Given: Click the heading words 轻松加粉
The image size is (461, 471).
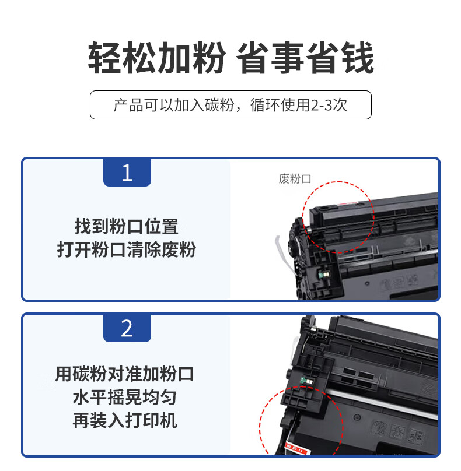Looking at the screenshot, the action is point(156,58).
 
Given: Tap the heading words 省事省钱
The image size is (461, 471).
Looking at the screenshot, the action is point(305,58).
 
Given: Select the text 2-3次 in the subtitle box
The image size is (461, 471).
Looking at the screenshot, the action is point(329,105).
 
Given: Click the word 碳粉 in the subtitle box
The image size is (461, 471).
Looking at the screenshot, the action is point(219,105).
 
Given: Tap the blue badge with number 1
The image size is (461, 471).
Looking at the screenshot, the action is point(127,172).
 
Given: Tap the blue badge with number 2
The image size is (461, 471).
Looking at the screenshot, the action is point(127,328).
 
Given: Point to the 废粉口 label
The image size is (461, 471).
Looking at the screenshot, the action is point(295,179).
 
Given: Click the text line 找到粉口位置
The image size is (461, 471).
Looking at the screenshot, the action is point(126,227).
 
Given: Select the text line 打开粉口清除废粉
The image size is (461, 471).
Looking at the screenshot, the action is point(126,249).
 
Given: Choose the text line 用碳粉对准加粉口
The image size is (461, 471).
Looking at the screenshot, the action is point(124,374).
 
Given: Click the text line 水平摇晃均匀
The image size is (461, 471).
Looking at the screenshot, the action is point(124,397).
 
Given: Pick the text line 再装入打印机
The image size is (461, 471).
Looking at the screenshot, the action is point(124,420).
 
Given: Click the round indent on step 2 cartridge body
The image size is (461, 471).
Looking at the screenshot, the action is point(357,417).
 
